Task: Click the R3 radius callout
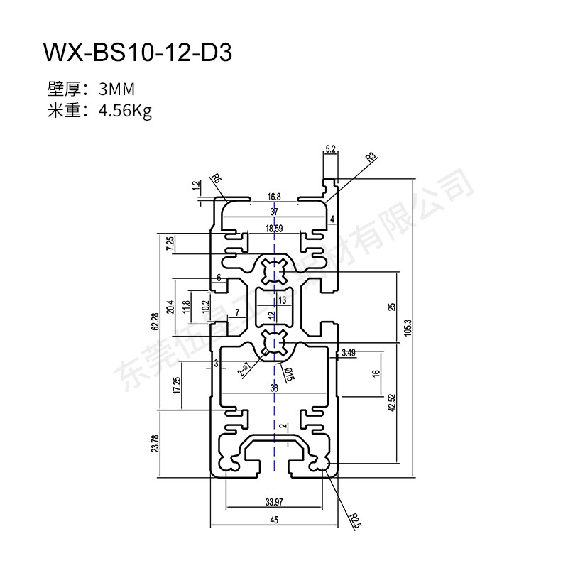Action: (370, 157)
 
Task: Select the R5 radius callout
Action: (217, 179)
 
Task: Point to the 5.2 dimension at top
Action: (330, 148)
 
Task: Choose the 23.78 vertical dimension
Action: (155, 443)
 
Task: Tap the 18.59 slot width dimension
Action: (273, 229)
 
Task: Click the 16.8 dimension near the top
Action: (274, 197)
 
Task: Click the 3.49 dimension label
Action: (348, 353)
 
